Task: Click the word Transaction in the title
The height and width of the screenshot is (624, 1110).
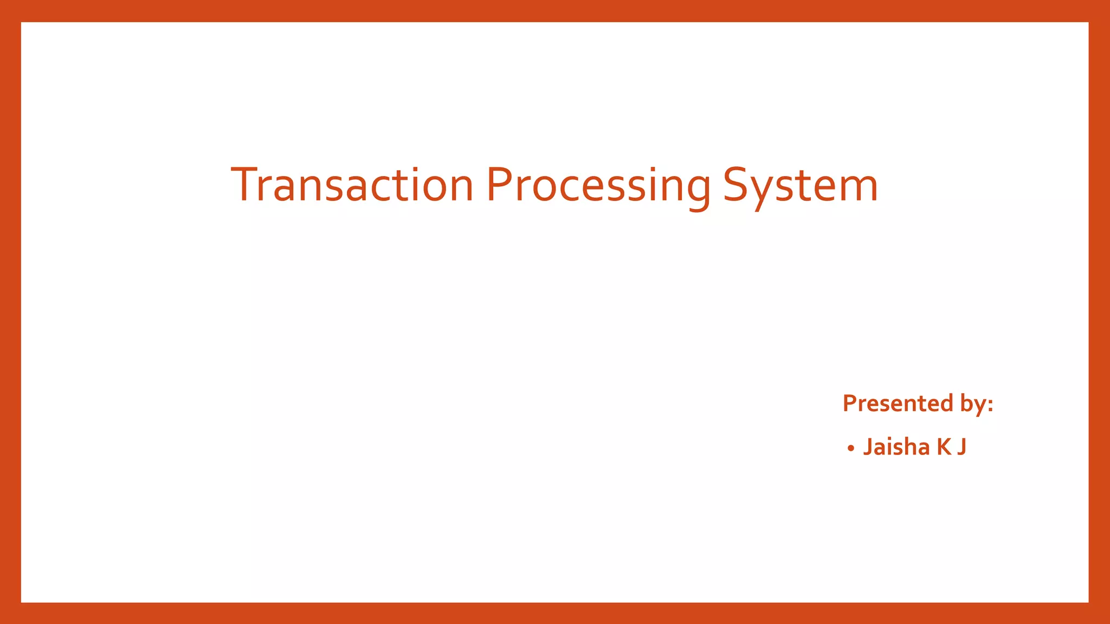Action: [352, 185]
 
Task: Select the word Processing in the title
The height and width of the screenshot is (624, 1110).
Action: [598, 185]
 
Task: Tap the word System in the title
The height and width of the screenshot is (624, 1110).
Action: [800, 185]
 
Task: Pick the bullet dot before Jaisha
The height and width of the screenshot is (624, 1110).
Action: [851, 448]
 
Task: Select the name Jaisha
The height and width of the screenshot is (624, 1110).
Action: [896, 447]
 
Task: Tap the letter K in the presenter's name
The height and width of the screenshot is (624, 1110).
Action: [944, 447]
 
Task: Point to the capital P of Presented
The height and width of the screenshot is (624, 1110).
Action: [849, 404]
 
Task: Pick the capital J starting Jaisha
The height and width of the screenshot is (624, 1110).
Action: [868, 447]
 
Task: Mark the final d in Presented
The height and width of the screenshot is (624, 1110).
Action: [946, 404]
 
